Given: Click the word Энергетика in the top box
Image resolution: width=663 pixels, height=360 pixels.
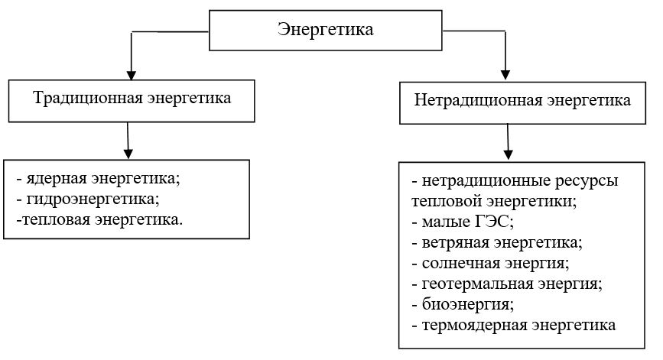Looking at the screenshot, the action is [x=326, y=30].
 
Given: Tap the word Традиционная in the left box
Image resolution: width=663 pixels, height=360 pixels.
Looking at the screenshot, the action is [x=87, y=98].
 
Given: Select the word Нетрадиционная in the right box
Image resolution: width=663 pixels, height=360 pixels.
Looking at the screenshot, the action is [x=478, y=100].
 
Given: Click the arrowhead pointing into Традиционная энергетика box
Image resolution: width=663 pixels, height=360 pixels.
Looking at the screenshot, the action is [x=131, y=75].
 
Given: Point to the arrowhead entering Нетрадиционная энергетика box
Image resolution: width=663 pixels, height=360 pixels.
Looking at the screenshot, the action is [x=505, y=75].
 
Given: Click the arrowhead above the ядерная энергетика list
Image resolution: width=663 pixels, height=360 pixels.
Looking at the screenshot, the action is [x=128, y=154].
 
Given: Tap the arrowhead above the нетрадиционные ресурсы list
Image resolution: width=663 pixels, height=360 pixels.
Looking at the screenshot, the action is [x=509, y=154].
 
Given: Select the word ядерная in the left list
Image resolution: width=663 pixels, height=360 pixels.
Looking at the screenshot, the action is [x=57, y=179].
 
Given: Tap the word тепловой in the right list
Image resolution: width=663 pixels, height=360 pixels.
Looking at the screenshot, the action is [x=446, y=201].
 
